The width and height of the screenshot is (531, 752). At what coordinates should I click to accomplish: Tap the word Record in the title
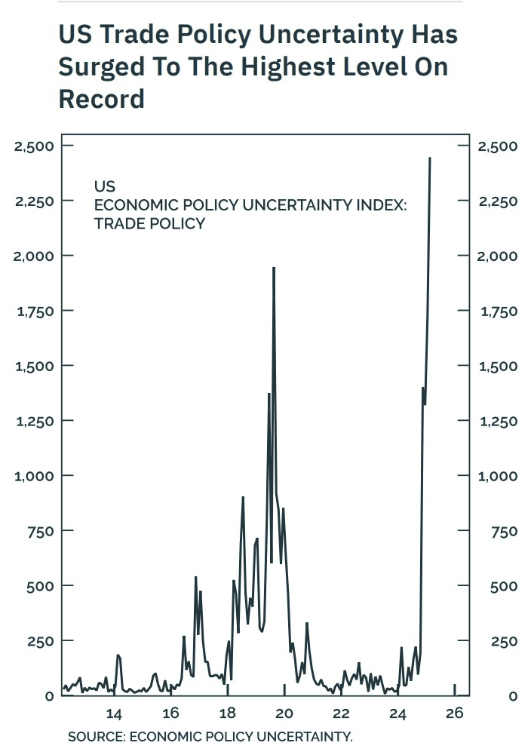click(101, 99)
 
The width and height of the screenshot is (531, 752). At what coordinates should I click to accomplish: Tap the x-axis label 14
click(114, 714)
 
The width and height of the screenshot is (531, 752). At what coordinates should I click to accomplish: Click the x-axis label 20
click(284, 714)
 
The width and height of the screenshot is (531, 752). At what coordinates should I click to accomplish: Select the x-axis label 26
click(454, 714)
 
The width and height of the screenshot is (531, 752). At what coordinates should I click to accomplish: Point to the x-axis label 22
click(341, 714)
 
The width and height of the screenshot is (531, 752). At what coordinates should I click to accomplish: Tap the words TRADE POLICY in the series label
click(149, 224)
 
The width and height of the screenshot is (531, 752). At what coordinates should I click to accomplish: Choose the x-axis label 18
click(227, 714)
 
